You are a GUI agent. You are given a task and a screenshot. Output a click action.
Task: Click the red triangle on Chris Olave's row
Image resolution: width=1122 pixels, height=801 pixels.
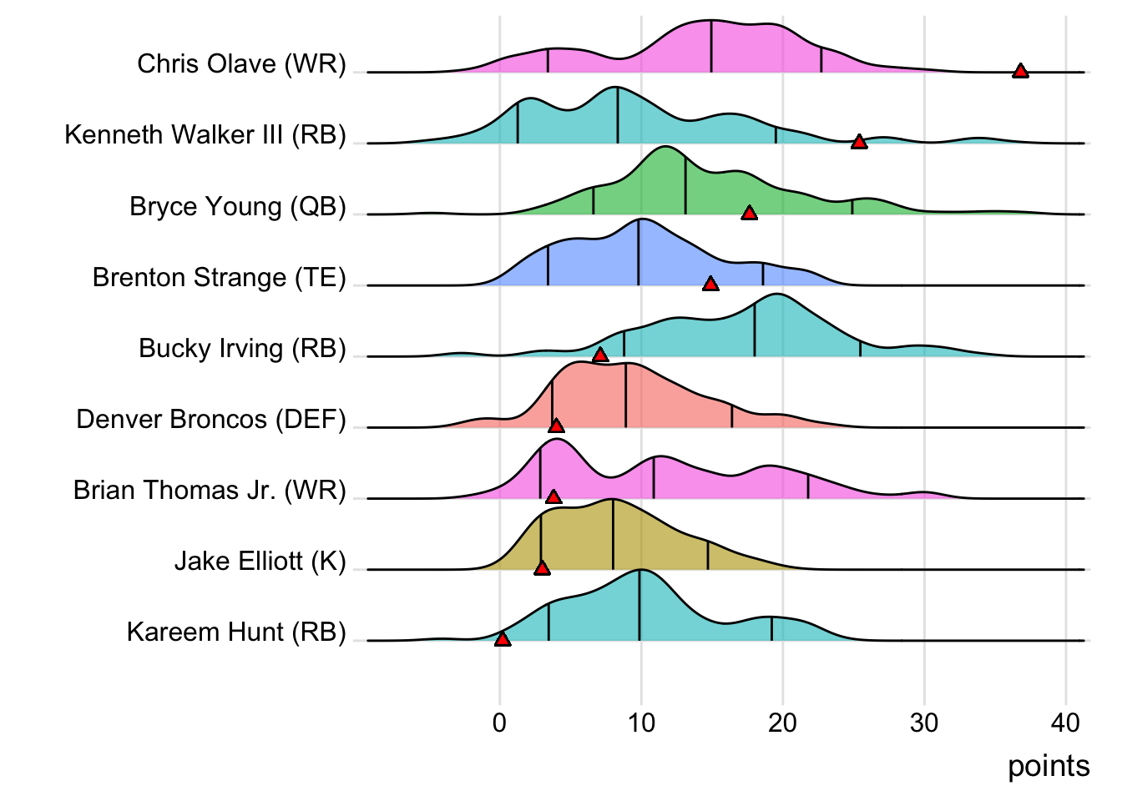click(1019, 71)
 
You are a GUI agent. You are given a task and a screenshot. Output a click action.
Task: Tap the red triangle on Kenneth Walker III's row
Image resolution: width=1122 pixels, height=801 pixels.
click(858, 143)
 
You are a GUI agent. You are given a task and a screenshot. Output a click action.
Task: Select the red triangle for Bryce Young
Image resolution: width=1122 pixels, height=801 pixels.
click(749, 214)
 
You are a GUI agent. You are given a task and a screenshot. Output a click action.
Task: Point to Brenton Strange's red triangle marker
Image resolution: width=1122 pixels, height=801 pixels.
click(710, 285)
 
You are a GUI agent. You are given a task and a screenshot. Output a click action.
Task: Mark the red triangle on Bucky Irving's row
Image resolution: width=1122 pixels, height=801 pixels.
click(599, 355)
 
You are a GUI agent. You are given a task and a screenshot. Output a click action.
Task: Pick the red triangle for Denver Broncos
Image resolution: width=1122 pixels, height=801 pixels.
click(556, 426)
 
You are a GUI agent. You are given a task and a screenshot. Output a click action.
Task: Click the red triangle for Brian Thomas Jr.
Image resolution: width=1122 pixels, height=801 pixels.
click(553, 497)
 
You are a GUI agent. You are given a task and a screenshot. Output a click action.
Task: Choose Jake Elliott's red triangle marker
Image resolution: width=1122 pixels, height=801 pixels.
click(542, 568)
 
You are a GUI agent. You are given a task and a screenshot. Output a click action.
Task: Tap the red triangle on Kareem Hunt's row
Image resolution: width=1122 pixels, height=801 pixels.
click(502, 639)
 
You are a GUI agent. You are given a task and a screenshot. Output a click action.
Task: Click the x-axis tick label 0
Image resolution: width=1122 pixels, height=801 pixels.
click(499, 723)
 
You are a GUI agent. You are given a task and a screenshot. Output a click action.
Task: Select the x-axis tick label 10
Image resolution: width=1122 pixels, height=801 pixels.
click(641, 723)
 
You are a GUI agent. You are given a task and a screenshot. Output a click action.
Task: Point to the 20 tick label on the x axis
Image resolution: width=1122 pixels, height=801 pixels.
click(782, 723)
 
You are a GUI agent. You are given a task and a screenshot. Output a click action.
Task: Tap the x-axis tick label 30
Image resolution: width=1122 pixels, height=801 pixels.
click(924, 723)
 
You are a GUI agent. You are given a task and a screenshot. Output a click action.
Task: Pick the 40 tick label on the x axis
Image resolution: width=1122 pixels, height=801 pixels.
click(1065, 723)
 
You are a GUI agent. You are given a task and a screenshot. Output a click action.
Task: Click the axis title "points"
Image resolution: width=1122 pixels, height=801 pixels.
click(1048, 766)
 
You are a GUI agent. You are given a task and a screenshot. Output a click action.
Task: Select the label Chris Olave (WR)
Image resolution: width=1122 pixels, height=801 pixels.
click(241, 64)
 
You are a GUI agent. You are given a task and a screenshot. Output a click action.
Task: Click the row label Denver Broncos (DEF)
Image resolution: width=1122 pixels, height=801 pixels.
click(210, 419)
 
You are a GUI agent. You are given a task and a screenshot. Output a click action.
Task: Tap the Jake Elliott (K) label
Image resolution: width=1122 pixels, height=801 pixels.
click(260, 562)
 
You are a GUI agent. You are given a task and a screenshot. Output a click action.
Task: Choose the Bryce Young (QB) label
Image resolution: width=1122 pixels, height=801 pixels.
click(237, 206)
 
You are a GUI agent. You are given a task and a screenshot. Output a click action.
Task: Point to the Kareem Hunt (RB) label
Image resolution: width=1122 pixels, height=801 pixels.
click(236, 632)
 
